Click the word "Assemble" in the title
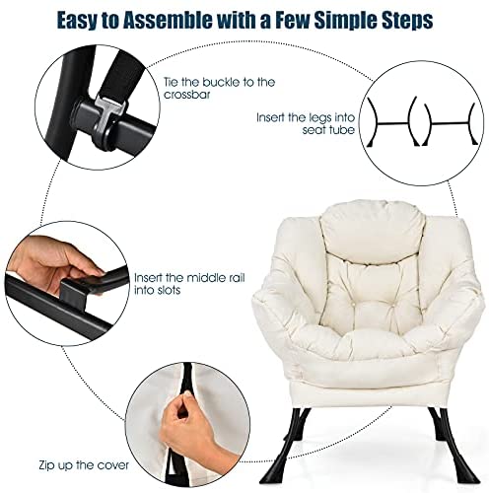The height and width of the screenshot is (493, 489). point(168,20)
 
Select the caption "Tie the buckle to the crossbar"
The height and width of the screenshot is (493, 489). point(219,88)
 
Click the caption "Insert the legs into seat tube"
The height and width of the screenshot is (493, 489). point(306,123)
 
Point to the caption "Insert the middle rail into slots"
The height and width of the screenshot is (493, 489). point(189,284)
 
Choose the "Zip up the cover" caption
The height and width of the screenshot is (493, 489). point(84,465)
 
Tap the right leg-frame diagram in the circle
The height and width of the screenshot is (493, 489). point(450,123)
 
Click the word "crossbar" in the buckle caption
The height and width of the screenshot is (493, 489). point(186,95)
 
